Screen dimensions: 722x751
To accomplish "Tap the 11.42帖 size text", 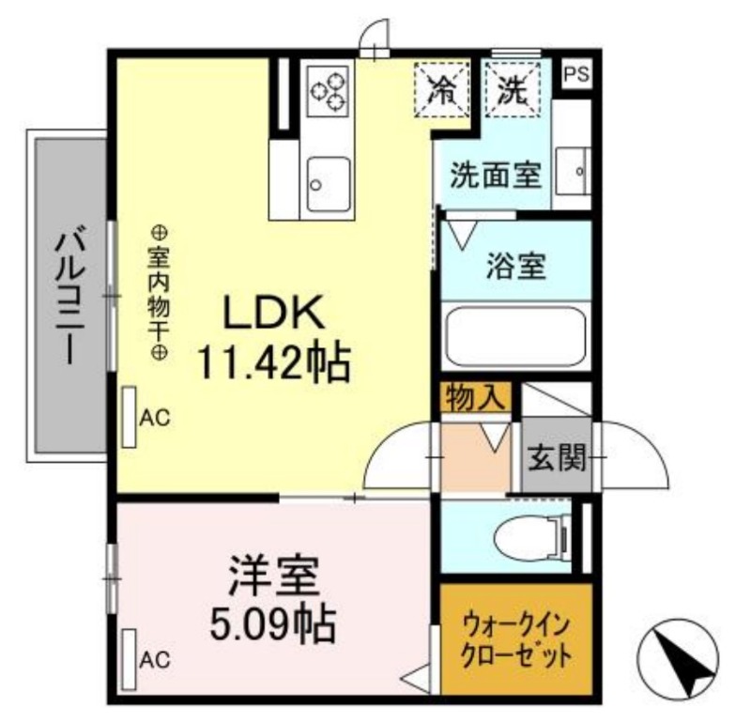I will click(x=273, y=361).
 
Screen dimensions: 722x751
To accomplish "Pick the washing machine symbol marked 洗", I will click(x=512, y=90).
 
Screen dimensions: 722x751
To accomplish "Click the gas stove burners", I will click(x=328, y=89).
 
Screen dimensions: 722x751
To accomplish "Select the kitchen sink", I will click(x=328, y=183).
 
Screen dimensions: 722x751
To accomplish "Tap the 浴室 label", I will click(x=515, y=266).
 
